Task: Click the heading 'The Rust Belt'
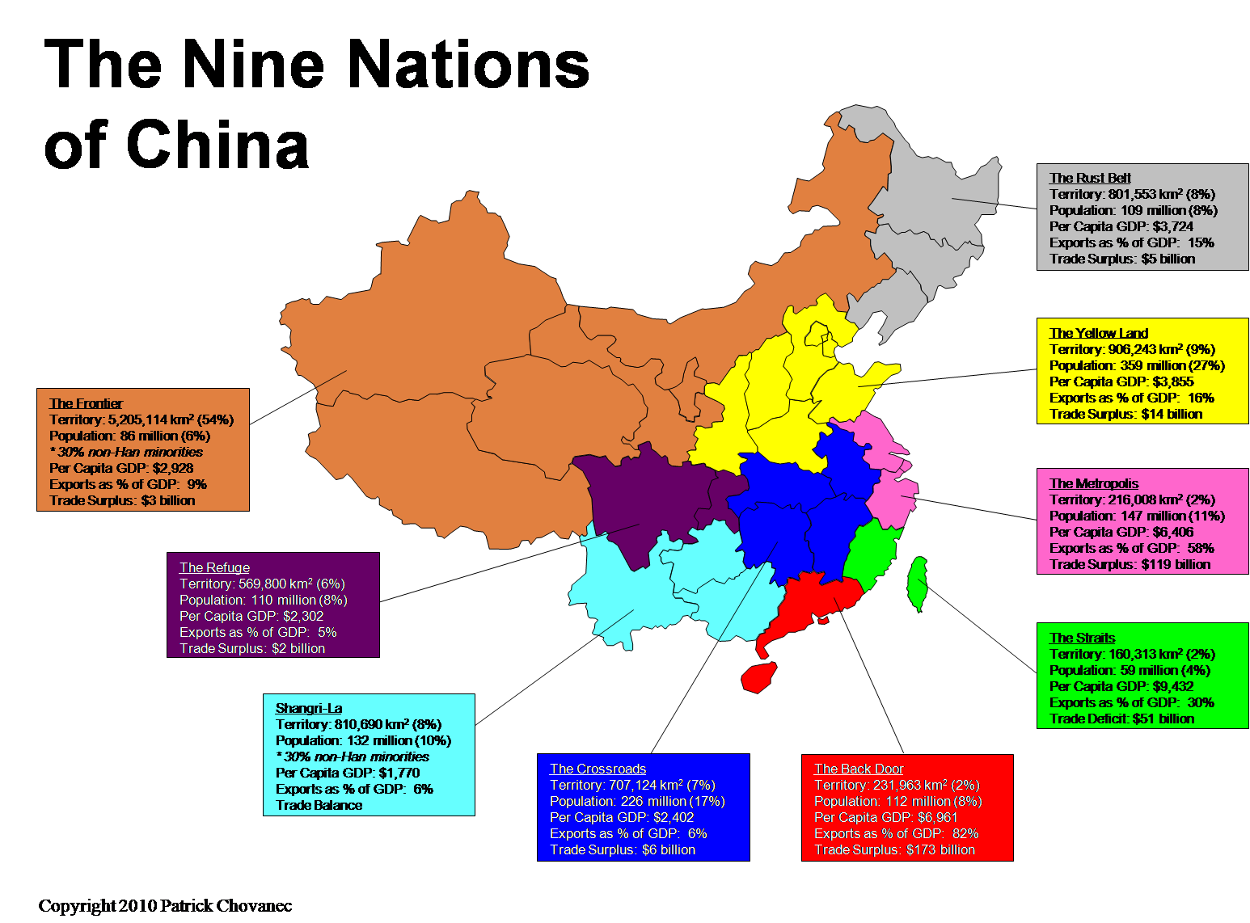coord(1090,178)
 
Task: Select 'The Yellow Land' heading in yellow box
coord(1098,333)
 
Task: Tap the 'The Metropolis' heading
coord(1093,483)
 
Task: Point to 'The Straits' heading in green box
coord(1082,638)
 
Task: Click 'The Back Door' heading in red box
coord(859,769)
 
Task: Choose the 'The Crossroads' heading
coord(598,769)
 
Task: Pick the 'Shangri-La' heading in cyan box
coord(309,708)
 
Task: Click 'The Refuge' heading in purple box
coord(214,567)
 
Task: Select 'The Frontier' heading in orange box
coord(86,403)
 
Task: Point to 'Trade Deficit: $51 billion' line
coord(1121,719)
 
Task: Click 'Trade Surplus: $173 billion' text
coord(894,849)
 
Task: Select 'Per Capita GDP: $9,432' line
coord(1121,686)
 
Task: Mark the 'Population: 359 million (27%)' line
coord(1137,365)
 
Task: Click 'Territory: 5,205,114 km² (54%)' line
coord(141,419)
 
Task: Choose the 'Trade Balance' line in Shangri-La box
coord(319,805)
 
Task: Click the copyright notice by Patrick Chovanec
coord(165,906)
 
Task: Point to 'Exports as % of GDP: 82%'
coord(896,833)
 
